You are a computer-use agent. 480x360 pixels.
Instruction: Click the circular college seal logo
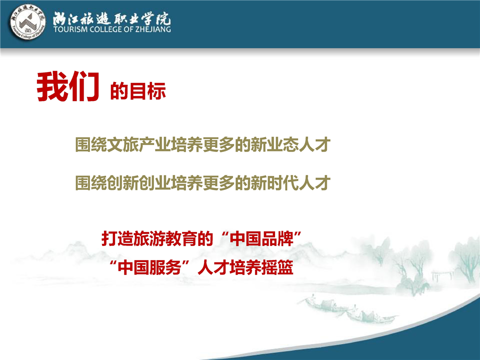pyautogui.click(x=28, y=22)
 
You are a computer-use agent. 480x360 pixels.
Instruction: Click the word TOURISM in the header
pyautogui.click(x=70, y=29)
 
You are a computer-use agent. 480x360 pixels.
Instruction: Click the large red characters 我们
pyautogui.click(x=68, y=86)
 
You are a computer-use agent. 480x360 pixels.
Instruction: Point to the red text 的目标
pyautogui.click(x=138, y=90)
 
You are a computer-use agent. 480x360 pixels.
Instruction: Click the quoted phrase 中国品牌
pyautogui.click(x=261, y=238)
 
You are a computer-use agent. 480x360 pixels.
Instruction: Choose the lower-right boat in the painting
pyautogui.click(x=370, y=315)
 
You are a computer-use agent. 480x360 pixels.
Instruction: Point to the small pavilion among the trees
pyautogui.click(x=442, y=275)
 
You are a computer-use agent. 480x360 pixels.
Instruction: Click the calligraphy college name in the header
pyautogui.click(x=111, y=19)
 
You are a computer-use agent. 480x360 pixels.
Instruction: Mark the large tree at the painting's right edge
pyautogui.click(x=467, y=260)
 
